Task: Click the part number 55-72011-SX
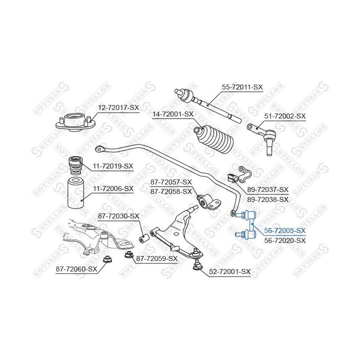point(242,87)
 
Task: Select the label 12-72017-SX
point(118,107)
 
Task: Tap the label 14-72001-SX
point(173,114)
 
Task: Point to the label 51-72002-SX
point(285,116)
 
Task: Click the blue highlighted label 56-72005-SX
point(285,230)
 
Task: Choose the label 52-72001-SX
point(229,272)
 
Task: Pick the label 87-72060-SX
point(76,269)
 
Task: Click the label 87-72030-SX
point(118,216)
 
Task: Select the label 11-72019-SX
point(113,166)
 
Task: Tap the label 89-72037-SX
point(267,189)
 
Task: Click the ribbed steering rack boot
point(214,139)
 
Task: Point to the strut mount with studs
point(75,123)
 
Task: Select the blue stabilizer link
point(246,225)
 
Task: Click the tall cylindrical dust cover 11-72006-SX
point(75,193)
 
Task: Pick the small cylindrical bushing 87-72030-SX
point(144,238)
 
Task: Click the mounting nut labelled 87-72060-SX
point(107,259)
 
